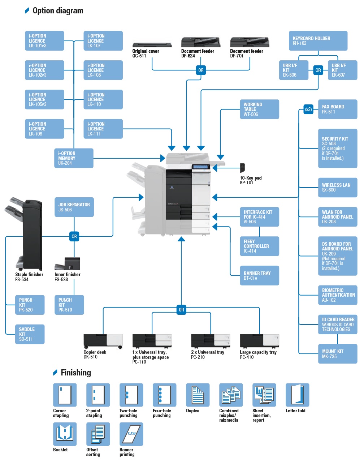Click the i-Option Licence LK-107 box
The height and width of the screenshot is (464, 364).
coord(103,41)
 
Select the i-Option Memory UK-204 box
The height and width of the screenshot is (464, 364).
coord(74,158)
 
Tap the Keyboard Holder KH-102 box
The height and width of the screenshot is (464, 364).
coord(318,41)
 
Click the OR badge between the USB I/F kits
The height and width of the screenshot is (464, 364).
coord(318,70)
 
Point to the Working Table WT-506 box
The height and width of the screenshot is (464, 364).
coord(259,109)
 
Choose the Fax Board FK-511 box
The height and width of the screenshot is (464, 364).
coord(337,109)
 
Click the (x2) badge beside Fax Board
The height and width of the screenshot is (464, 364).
coord(308,109)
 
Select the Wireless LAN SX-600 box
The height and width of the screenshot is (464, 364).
coord(337,188)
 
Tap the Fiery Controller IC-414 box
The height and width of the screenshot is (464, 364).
coord(259,246)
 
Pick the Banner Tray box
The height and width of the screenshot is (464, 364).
coord(259,276)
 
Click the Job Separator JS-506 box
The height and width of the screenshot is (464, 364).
coord(74,207)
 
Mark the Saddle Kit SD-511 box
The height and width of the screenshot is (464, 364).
coord(30,334)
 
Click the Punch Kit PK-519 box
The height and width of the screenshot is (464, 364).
coord(69,305)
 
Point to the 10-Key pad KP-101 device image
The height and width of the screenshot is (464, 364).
coord(243,168)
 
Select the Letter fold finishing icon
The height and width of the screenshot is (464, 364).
coord(297,395)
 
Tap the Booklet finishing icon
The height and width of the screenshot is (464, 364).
coord(65,434)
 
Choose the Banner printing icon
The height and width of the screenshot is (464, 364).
coord(131,434)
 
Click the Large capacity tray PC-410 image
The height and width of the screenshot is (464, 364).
coord(259,341)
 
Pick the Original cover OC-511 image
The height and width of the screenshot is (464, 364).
coord(152,45)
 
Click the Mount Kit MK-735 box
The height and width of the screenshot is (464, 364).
coord(337,354)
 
